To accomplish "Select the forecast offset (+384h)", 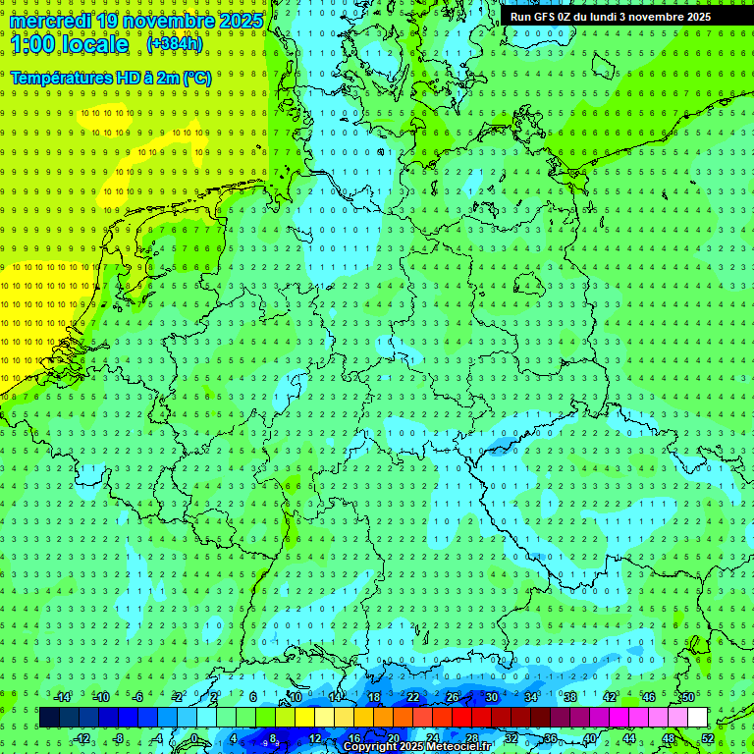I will pyautogui.click(x=175, y=44).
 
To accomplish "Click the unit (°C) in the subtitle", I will pyautogui.click(x=196, y=78).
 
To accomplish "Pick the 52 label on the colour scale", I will pyautogui.click(x=708, y=738).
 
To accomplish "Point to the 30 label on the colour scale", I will pyautogui.click(x=491, y=697).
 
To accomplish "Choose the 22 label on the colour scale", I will pyautogui.click(x=412, y=697).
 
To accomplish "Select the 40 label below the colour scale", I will pyautogui.click(x=589, y=738).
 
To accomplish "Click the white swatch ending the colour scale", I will pyautogui.click(x=697, y=718).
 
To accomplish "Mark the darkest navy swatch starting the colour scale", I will pyautogui.click(x=49, y=718).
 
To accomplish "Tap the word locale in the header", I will pyautogui.click(x=95, y=44).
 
